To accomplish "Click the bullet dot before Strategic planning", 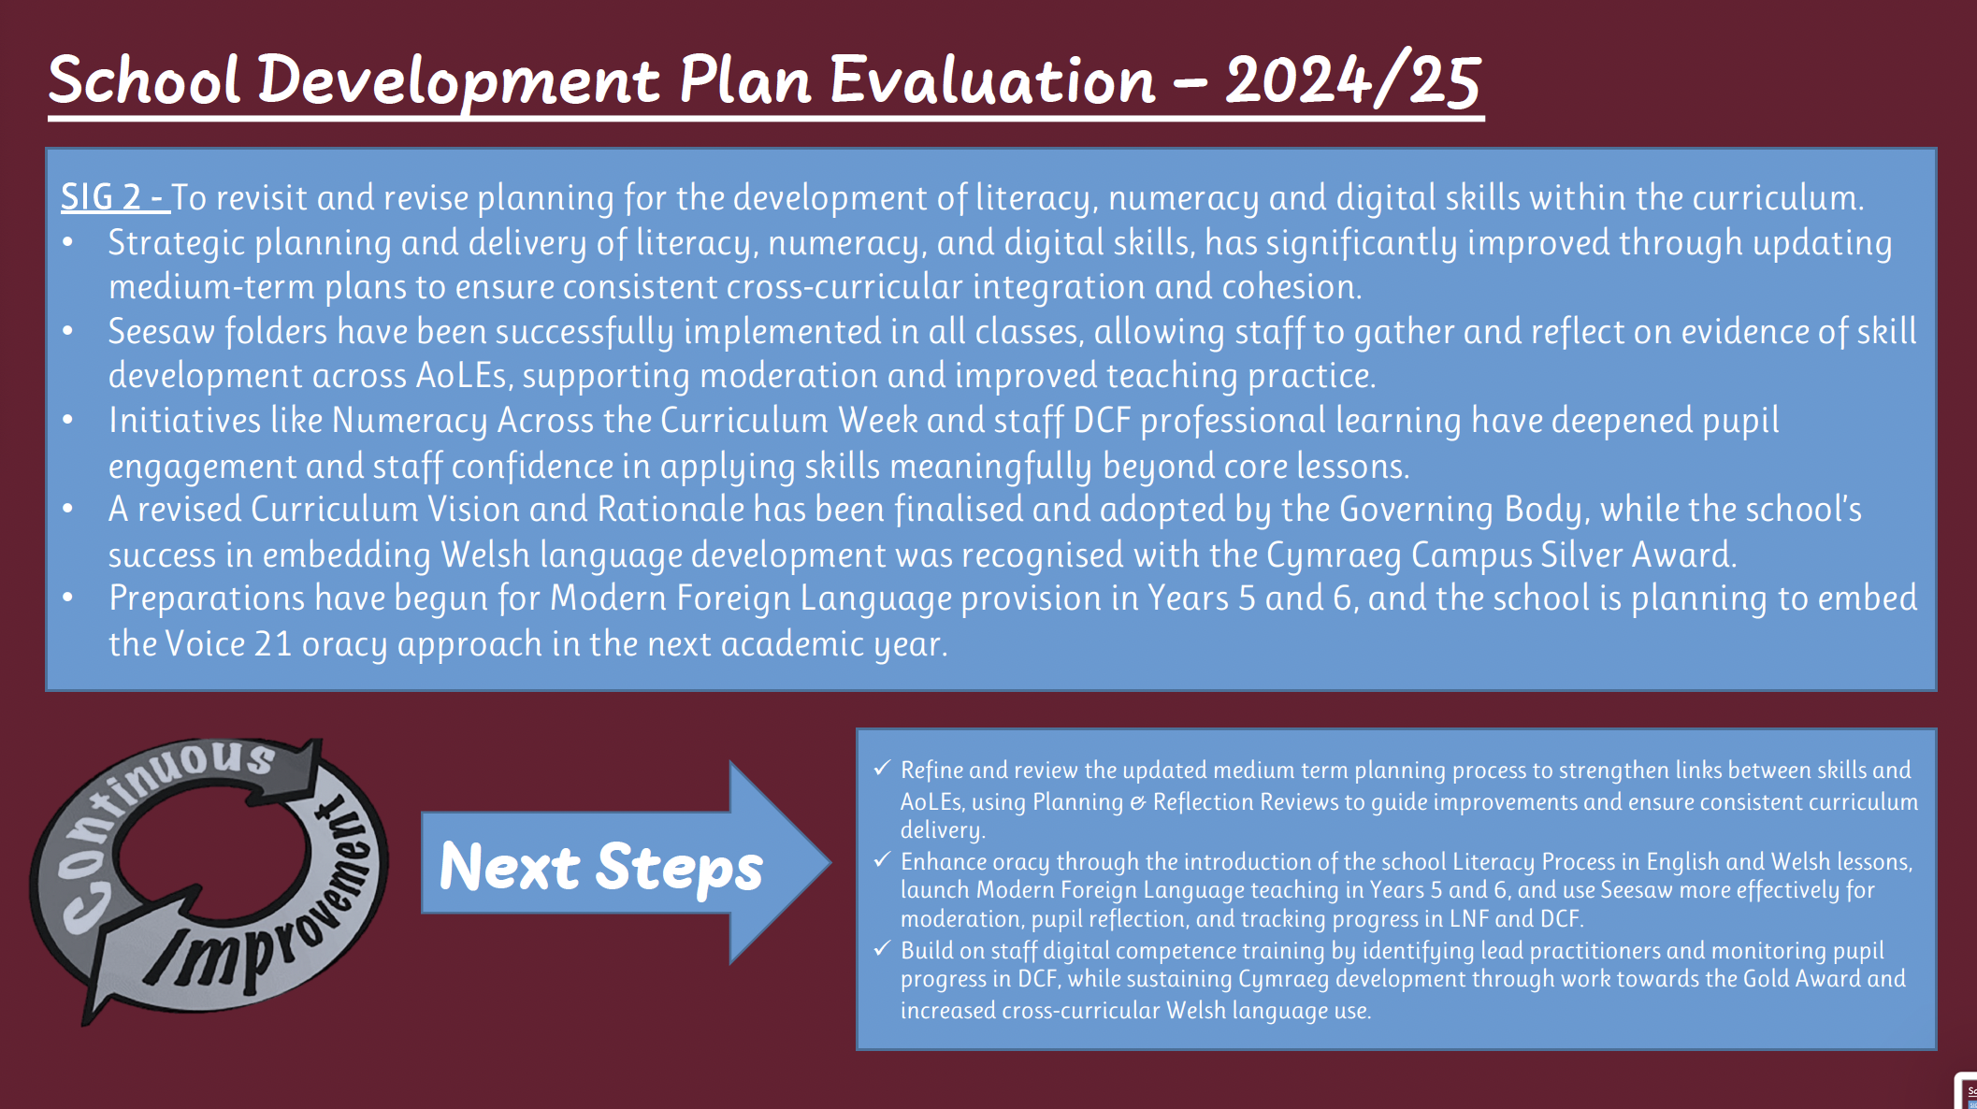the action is (68, 243).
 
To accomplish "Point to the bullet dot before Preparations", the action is (68, 598).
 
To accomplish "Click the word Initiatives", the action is (184, 421).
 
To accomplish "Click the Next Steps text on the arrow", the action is (601, 867).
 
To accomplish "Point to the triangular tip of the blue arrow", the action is (830, 862).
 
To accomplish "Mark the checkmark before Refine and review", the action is (882, 769).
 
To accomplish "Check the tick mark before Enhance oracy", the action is (882, 859).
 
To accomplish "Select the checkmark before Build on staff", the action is (882, 949).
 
